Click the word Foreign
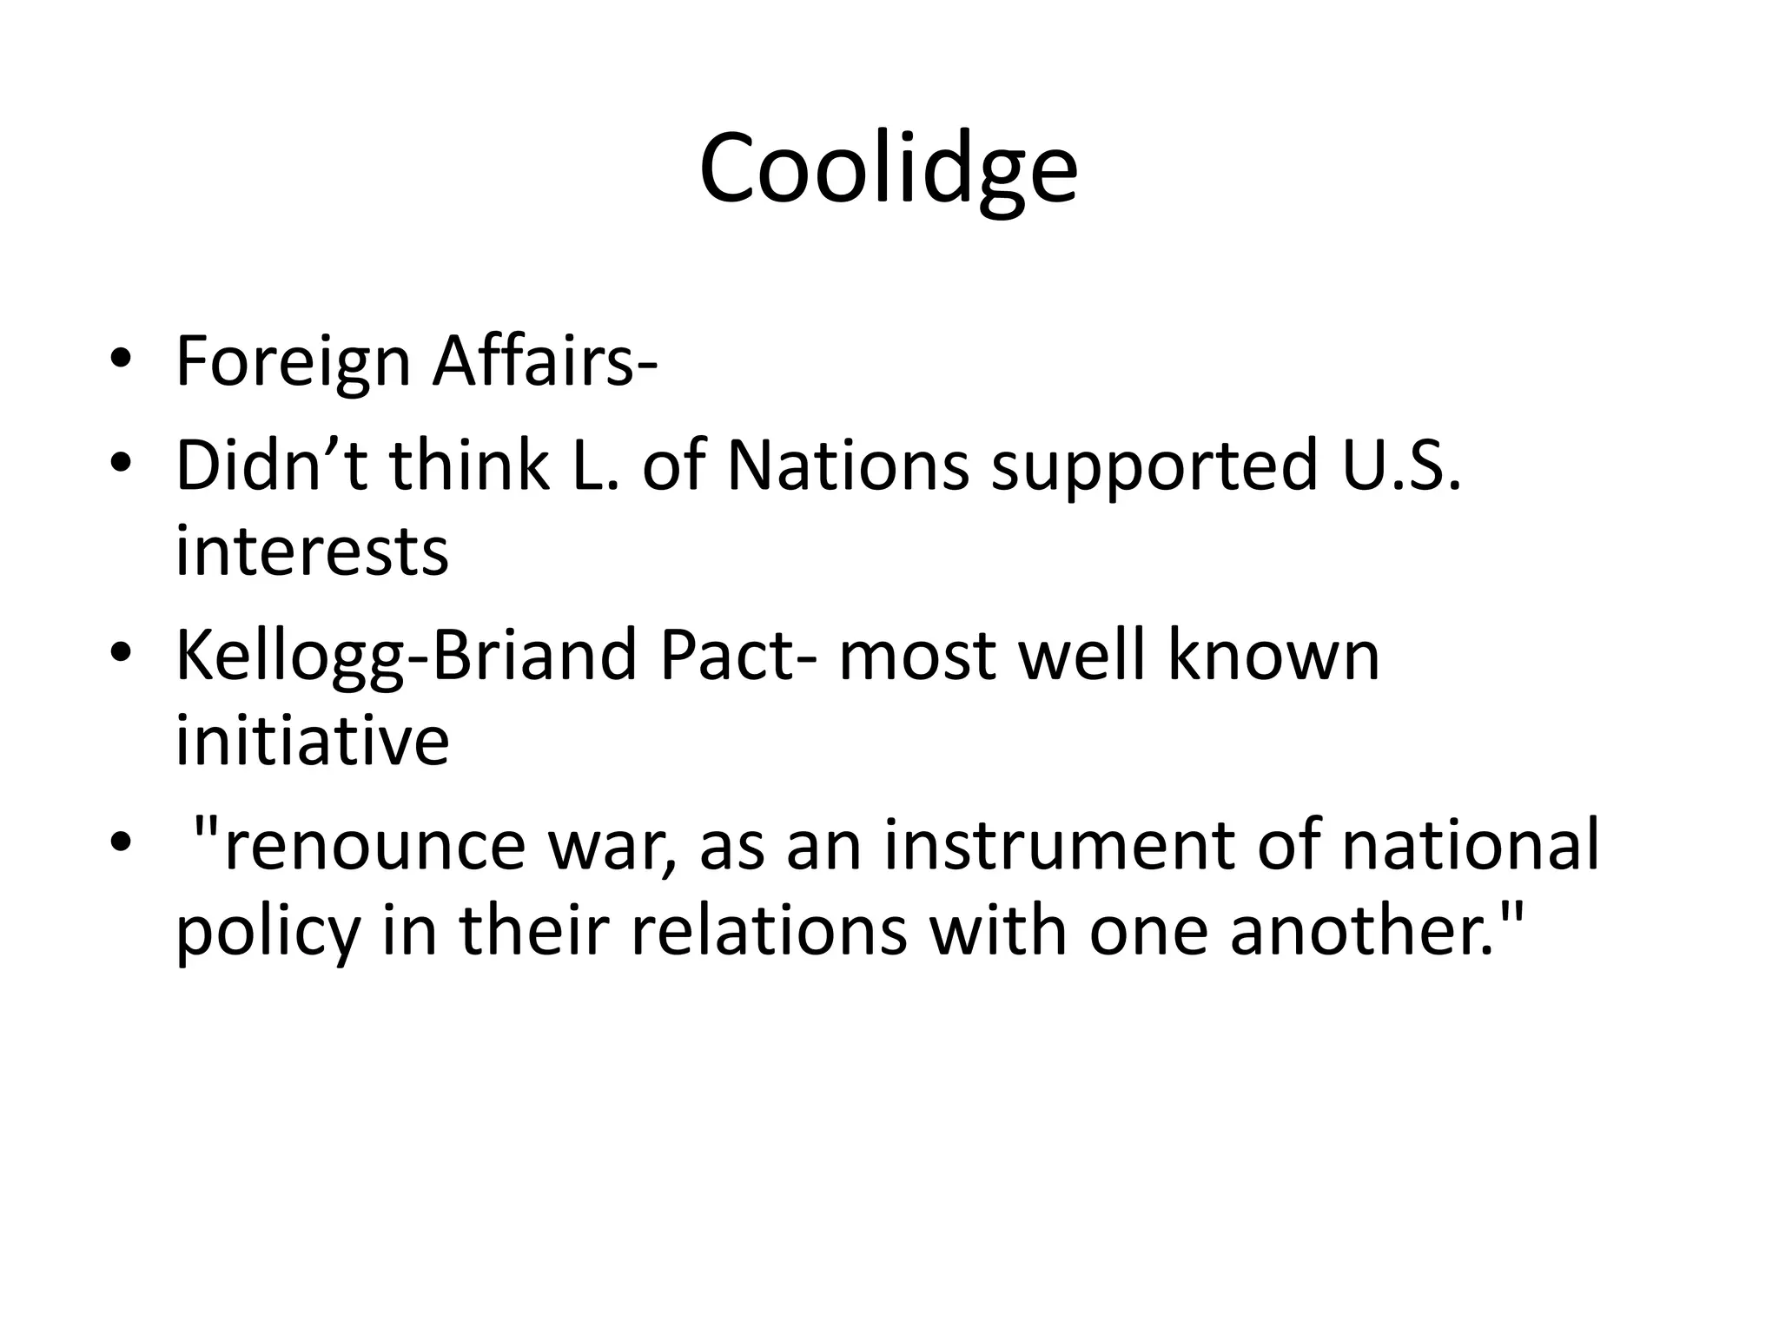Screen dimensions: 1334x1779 [293, 362]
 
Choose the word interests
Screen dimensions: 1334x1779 [312, 551]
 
